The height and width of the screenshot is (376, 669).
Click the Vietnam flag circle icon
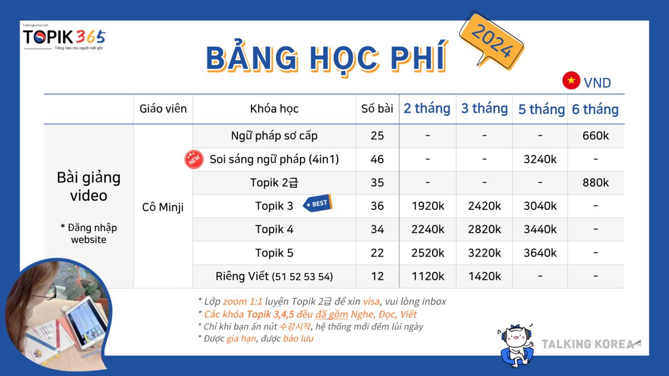pyautogui.click(x=571, y=81)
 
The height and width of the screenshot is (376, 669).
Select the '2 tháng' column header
pyautogui.click(x=427, y=108)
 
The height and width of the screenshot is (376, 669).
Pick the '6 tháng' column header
pyautogui.click(x=595, y=109)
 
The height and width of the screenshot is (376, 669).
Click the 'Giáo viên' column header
pyautogui.click(x=163, y=109)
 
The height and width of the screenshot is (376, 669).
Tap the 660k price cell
pyautogui.click(x=595, y=136)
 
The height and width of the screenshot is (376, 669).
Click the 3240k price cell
pyautogui.click(x=540, y=159)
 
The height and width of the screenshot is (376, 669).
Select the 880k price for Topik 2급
pyautogui.click(x=595, y=183)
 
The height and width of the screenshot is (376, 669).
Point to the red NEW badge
pyautogui.click(x=194, y=159)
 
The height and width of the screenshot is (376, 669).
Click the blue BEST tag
pyautogui.click(x=317, y=203)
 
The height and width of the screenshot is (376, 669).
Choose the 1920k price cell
pyautogui.click(x=428, y=206)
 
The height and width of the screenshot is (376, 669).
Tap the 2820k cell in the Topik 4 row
pyautogui.click(x=484, y=229)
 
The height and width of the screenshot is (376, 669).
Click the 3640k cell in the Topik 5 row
pyautogui.click(x=540, y=253)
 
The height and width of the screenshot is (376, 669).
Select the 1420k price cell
pyautogui.click(x=484, y=276)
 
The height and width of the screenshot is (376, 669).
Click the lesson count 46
pyautogui.click(x=377, y=159)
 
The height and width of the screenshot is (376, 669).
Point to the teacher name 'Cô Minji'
pyautogui.click(x=163, y=207)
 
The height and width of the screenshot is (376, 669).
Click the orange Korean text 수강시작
pyautogui.click(x=295, y=326)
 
